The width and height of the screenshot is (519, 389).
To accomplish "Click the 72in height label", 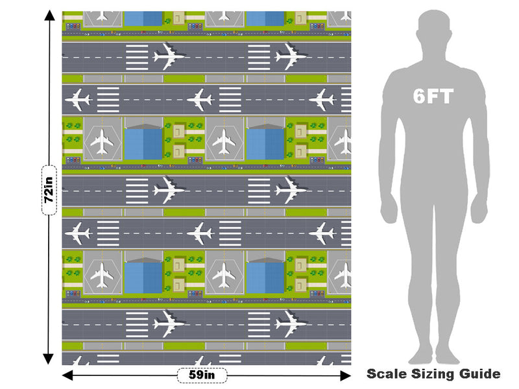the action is click(x=49, y=190).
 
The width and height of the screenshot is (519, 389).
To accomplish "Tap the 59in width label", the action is click(x=202, y=375).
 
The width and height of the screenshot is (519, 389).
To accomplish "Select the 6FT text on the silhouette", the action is click(x=433, y=96).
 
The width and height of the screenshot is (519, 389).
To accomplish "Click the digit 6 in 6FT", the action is click(x=418, y=96).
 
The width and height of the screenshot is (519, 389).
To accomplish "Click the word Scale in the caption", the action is click(x=387, y=374).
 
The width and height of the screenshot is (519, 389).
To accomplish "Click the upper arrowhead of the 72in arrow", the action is click(x=50, y=15).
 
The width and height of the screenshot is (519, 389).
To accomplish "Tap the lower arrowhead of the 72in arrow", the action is click(x=48, y=359).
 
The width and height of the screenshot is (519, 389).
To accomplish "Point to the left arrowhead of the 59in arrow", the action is click(x=67, y=375).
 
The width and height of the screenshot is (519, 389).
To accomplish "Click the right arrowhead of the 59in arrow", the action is click(x=346, y=375).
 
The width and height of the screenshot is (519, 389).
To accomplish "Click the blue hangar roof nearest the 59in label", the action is click(x=143, y=278).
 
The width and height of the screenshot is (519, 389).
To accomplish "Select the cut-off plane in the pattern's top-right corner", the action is click(x=345, y=16).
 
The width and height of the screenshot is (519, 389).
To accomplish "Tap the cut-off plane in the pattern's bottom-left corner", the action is click(x=75, y=361).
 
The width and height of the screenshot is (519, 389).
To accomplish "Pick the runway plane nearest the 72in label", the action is click(x=78, y=233).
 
